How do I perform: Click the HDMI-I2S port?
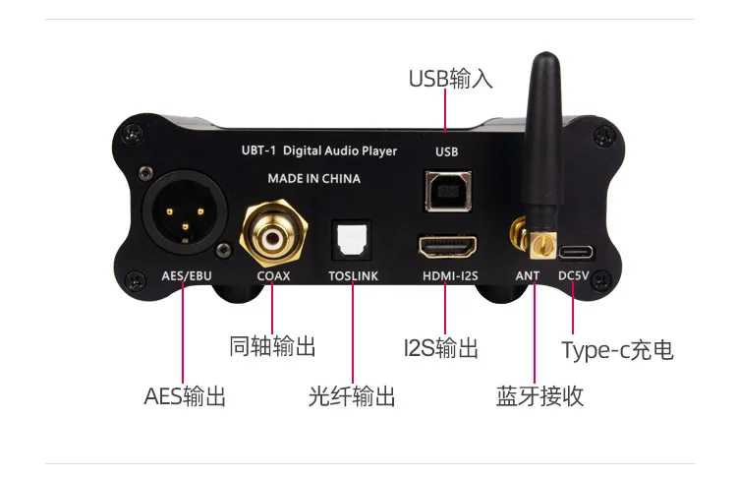[x=447, y=242]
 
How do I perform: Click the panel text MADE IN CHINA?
[x=313, y=179]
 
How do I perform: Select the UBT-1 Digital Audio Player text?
[x=318, y=151]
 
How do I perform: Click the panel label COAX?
[x=273, y=276]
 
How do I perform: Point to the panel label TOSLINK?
[x=352, y=276]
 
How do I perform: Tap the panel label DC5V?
[x=573, y=276]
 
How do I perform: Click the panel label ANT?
[x=527, y=276]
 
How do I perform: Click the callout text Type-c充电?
[x=617, y=349]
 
